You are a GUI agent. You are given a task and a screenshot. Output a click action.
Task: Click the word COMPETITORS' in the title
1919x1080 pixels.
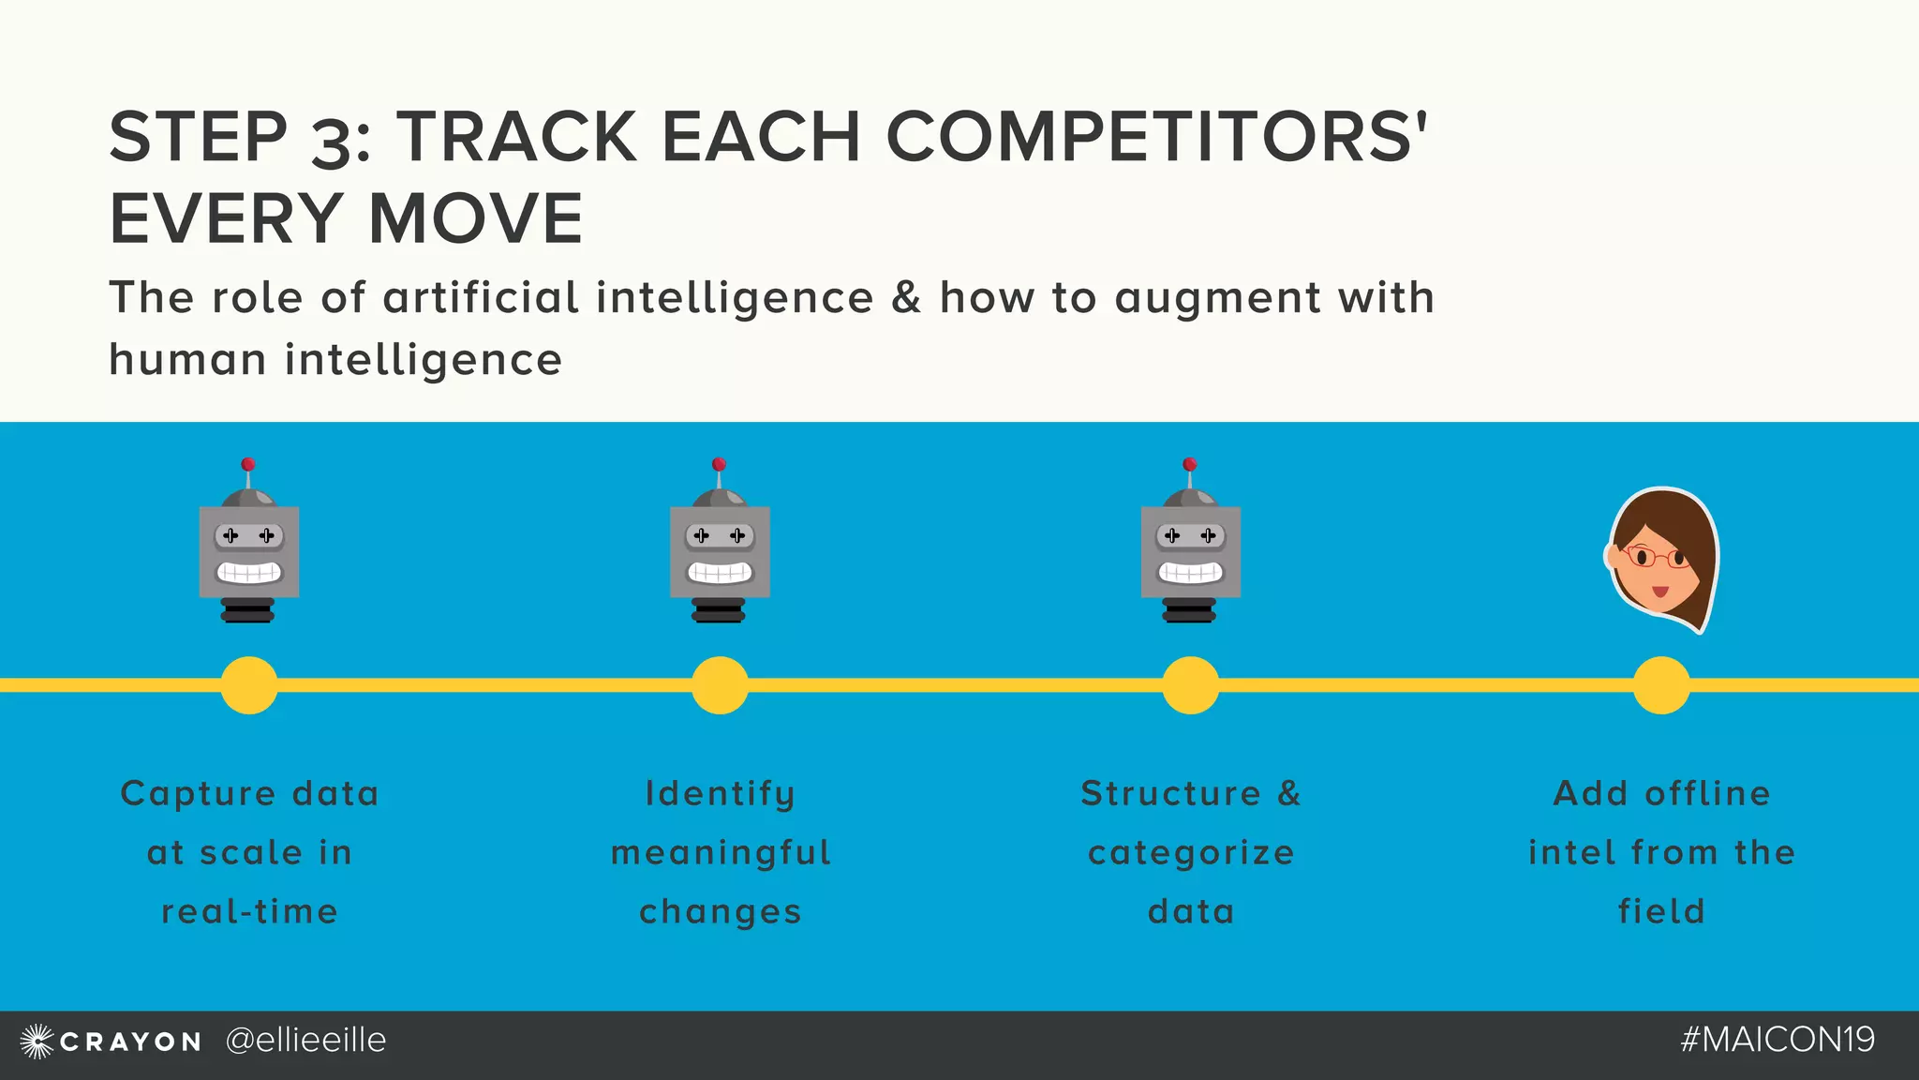[x=1156, y=137]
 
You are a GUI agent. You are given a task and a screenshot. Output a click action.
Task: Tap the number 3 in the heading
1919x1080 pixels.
[x=330, y=141]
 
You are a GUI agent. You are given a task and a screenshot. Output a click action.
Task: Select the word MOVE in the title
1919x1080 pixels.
[x=476, y=218]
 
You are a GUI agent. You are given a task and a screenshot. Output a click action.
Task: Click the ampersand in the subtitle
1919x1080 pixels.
[x=906, y=297]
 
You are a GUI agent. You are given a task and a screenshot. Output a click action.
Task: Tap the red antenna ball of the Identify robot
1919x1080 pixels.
[x=719, y=464]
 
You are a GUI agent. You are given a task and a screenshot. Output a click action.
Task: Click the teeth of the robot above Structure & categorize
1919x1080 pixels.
[x=1190, y=572]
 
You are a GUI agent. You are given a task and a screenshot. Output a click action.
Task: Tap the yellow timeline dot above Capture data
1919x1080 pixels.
[x=249, y=685]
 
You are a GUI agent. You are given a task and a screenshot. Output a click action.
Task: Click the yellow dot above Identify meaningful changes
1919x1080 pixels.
[x=720, y=685]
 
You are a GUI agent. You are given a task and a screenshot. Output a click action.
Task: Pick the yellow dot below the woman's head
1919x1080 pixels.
[x=1661, y=685]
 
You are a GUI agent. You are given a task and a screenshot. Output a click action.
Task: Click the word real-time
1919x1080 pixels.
[x=249, y=911]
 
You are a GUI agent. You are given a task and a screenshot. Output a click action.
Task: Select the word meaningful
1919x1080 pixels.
[x=721, y=853]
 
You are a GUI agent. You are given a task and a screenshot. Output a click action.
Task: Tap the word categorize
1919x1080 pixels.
[x=1191, y=853]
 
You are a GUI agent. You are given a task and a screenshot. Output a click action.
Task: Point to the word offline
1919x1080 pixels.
[x=1707, y=793]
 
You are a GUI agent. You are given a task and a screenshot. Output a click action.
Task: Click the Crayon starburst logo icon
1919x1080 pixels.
[x=37, y=1041]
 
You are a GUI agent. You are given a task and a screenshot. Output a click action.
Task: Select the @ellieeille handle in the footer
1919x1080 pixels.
[x=305, y=1041]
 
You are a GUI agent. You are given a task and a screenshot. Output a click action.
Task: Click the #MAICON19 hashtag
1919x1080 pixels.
[x=1778, y=1040]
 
